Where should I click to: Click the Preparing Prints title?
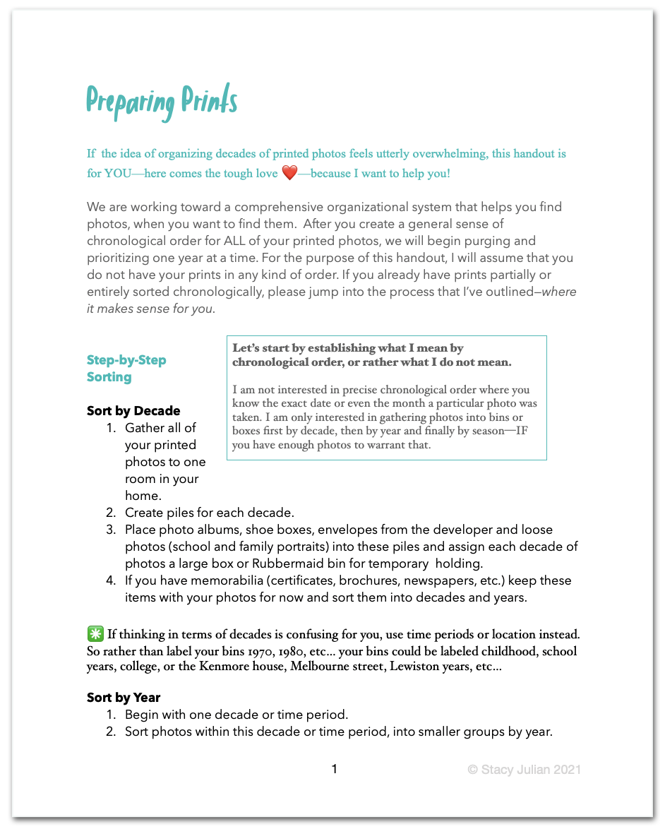tap(162, 102)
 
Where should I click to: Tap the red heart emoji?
tap(289, 173)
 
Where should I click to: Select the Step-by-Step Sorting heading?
tap(126, 369)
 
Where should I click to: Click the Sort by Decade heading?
tap(133, 411)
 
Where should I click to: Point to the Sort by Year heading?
tap(124, 698)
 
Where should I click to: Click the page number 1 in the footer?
tap(335, 769)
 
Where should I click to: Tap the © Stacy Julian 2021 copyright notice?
tap(524, 770)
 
